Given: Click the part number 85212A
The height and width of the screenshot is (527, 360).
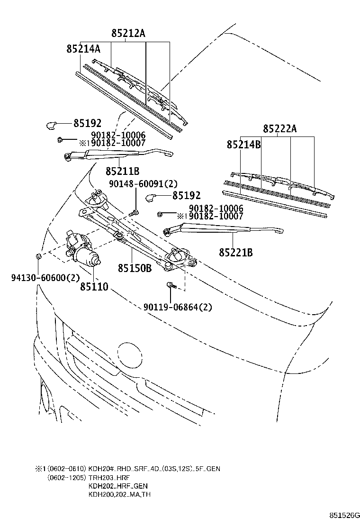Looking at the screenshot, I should tap(128, 33).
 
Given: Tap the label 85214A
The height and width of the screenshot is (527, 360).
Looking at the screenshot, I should tap(83, 48).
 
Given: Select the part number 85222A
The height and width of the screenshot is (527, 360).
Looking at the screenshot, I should tap(280, 128).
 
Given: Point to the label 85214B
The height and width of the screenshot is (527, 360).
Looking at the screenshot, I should tap(243, 144).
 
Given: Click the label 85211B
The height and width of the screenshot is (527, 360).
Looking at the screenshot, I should tap(122, 171).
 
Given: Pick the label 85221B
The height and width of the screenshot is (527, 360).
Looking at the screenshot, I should tap(235, 253).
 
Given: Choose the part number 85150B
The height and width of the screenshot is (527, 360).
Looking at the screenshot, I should tap(135, 268).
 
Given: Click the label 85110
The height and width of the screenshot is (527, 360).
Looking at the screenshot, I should tap(94, 286).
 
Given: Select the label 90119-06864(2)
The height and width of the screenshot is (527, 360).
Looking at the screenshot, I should tap(178, 307).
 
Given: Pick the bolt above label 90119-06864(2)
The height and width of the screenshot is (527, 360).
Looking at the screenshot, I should tap(170, 285).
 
